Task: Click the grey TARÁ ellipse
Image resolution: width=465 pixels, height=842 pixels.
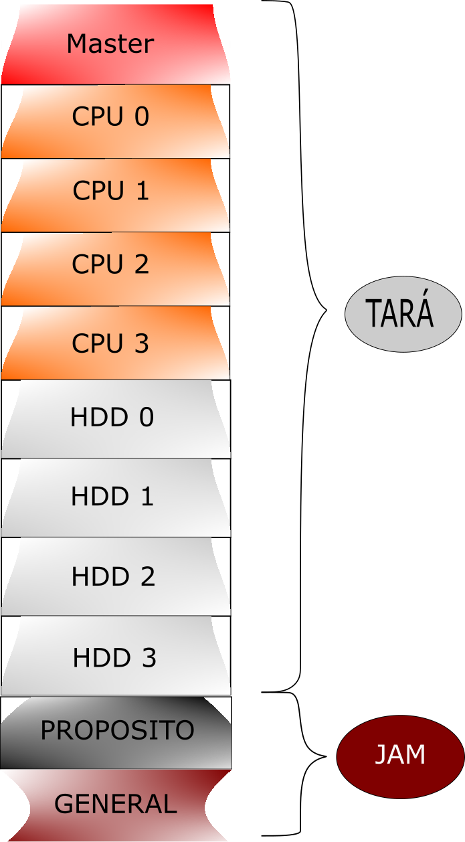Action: [x=403, y=314]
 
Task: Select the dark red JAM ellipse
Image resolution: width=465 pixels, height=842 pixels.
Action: [x=399, y=756]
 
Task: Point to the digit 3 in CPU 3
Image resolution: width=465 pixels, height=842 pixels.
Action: [x=141, y=343]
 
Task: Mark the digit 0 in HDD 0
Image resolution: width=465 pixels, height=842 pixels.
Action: [x=147, y=418]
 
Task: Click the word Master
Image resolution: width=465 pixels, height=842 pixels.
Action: [x=110, y=44]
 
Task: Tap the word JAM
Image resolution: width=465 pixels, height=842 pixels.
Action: [x=399, y=755]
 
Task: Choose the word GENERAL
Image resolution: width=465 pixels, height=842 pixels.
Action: [x=116, y=804]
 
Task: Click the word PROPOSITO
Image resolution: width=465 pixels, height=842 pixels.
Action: [x=117, y=730]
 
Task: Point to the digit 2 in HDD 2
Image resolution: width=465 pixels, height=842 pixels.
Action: [x=147, y=576]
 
